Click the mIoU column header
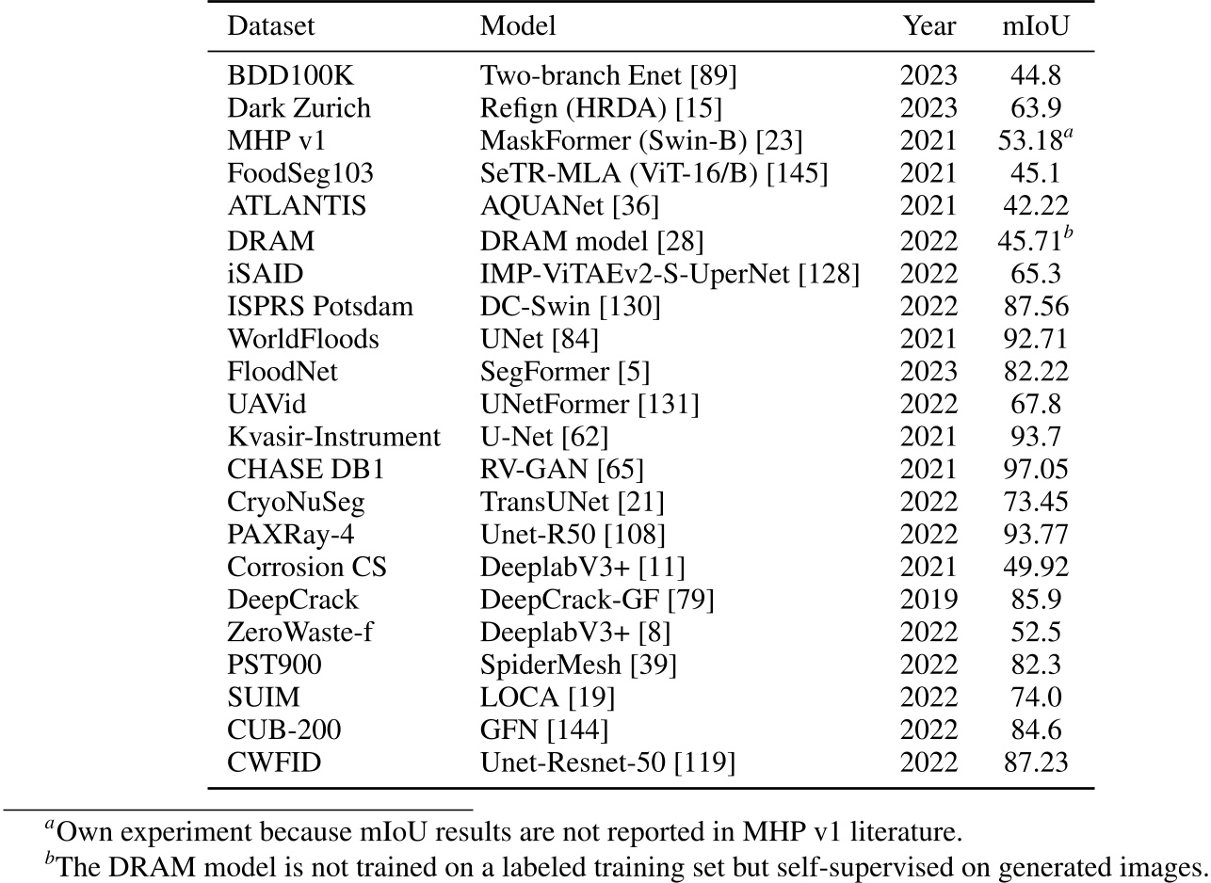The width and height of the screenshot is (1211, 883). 1035,25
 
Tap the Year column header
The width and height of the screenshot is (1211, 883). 928,25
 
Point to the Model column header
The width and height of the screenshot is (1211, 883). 518,25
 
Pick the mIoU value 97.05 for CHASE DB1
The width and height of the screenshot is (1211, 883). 1035,469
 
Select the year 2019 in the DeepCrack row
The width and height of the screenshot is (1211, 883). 928,599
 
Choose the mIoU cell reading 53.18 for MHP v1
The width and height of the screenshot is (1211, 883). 1030,141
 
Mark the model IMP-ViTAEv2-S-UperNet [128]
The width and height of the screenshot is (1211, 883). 670,273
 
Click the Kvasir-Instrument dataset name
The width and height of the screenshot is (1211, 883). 333,437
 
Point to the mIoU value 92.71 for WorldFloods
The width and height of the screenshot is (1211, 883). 1035,338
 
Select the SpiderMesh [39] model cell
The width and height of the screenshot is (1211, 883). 578,665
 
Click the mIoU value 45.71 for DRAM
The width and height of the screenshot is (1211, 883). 1030,240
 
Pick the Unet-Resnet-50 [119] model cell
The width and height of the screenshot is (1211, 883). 607,763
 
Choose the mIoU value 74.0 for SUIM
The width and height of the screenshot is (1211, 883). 1035,697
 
